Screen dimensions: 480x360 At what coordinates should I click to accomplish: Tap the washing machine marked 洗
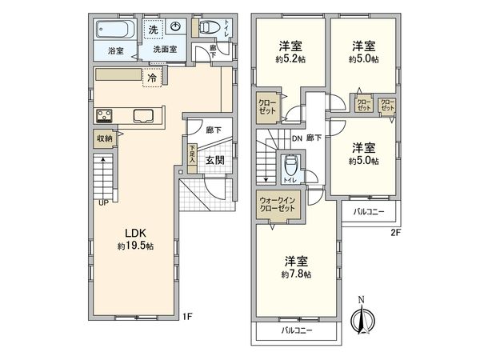[153, 30]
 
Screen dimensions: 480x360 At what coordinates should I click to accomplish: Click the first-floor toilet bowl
[209, 27]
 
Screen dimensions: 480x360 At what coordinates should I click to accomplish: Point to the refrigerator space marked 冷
[152, 78]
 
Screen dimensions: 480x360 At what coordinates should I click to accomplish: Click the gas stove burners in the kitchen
[104, 116]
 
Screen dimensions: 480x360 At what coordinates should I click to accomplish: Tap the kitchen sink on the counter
[143, 116]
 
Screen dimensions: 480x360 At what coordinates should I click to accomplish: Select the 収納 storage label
[105, 138]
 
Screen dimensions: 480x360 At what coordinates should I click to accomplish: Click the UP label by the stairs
[104, 202]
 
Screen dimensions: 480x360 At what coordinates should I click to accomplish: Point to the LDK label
[135, 234]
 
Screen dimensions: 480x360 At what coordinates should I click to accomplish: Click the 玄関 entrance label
[214, 160]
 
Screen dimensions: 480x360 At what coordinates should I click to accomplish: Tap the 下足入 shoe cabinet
[192, 158]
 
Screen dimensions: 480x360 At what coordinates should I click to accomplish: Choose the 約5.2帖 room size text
[290, 59]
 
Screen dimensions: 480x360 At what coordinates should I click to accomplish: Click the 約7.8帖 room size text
[296, 274]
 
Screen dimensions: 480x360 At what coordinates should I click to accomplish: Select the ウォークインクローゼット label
[278, 205]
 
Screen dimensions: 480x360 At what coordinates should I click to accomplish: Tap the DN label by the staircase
[297, 138]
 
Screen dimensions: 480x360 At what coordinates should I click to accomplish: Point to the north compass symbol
[362, 317]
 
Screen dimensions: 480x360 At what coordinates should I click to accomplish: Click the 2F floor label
[395, 233]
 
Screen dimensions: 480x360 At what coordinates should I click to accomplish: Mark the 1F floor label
[187, 316]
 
